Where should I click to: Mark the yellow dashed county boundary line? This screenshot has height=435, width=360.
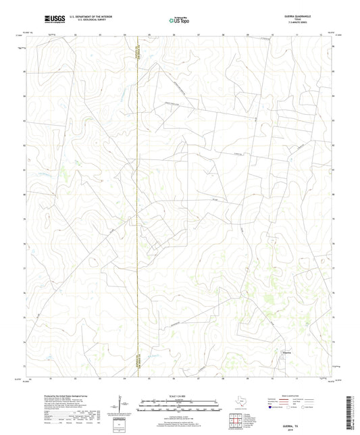pos(138,203)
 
